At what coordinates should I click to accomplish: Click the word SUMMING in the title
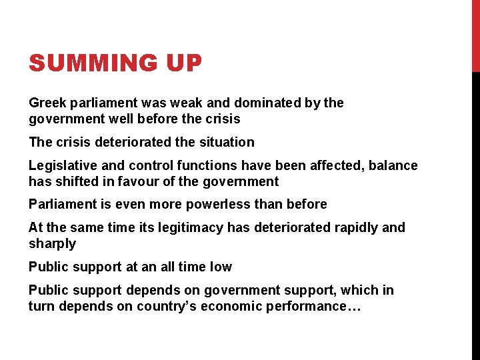coord(90,64)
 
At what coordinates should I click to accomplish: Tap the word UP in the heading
coord(180,64)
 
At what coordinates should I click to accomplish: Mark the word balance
coord(393,165)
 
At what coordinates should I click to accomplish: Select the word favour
coord(143,181)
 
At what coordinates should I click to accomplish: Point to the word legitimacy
coord(193,227)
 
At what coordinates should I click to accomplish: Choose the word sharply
coord(52,244)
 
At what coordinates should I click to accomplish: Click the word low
coord(221,267)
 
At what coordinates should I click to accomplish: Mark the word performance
coord(307,306)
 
